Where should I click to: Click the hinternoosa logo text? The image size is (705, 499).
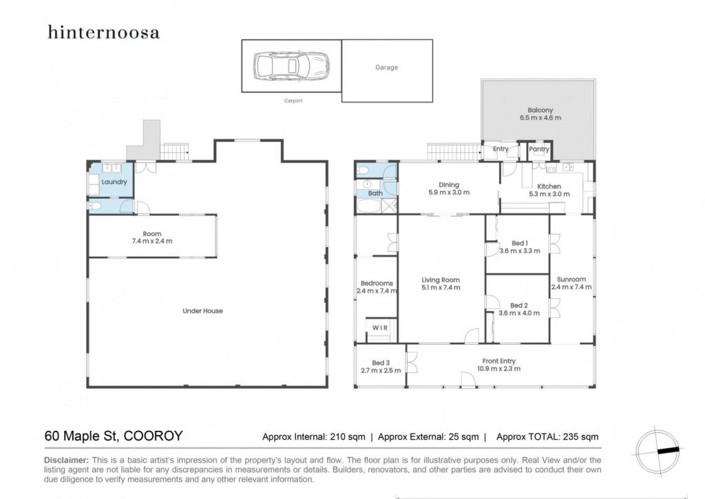pyautogui.click(x=103, y=32)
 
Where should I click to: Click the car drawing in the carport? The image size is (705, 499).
pyautogui.click(x=291, y=66)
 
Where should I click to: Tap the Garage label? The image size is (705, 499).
pyautogui.click(x=387, y=67)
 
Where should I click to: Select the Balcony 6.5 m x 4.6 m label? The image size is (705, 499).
pyautogui.click(x=540, y=114)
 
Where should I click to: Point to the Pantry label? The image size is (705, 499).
pyautogui.click(x=538, y=149)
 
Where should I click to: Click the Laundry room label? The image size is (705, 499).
pyautogui.click(x=114, y=182)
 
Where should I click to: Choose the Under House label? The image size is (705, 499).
pyautogui.click(x=202, y=310)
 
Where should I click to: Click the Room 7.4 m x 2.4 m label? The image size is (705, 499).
pyautogui.click(x=152, y=237)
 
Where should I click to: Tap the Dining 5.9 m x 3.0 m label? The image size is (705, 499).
pyautogui.click(x=449, y=189)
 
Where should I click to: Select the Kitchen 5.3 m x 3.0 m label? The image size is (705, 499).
pyautogui.click(x=549, y=190)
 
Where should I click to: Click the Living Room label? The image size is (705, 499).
pyautogui.click(x=441, y=279)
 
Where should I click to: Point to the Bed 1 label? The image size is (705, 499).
pyautogui.click(x=520, y=243)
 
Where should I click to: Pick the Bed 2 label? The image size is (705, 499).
pyautogui.click(x=519, y=305)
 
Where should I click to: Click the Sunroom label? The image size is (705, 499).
pyautogui.click(x=571, y=279)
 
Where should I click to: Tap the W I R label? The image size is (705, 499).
pyautogui.click(x=380, y=328)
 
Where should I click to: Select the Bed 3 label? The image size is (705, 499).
pyautogui.click(x=381, y=363)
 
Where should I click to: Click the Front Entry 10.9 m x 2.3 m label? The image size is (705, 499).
pyautogui.click(x=498, y=365)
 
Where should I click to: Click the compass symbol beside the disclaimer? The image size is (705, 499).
pyautogui.click(x=658, y=450)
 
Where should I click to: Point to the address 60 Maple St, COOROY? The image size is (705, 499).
pyautogui.click(x=114, y=436)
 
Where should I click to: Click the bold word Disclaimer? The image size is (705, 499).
pyautogui.click(x=67, y=460)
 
